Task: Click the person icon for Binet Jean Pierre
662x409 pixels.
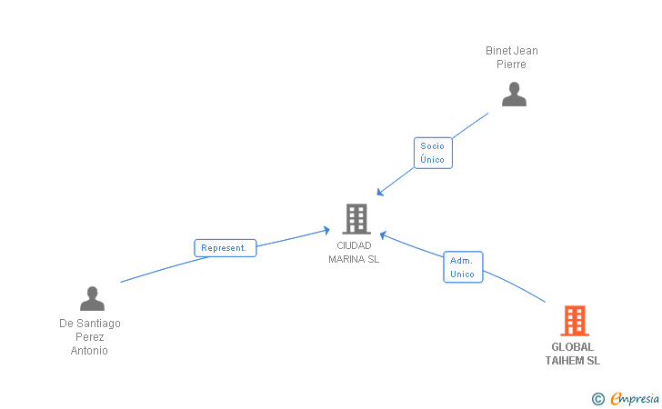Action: coord(514,95)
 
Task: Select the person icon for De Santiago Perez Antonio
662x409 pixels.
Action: coord(92,298)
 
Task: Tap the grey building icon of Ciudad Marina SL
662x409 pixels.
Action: coord(356,218)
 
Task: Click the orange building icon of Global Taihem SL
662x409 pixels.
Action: coord(574,320)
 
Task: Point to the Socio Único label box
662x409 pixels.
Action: coord(433,153)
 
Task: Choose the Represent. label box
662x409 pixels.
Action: coord(226,247)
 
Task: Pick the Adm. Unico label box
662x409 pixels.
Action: coord(463,267)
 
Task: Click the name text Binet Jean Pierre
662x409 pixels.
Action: coord(512,57)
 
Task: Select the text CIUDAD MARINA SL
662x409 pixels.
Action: coord(355,252)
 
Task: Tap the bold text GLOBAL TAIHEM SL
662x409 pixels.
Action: coord(573,354)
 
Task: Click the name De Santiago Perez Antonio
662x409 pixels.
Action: coord(90,336)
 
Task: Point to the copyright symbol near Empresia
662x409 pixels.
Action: coord(597,398)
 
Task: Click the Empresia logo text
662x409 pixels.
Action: coord(635,398)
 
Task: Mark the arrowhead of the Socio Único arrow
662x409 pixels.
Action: coord(380,193)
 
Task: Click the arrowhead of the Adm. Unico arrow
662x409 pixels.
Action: coord(382,234)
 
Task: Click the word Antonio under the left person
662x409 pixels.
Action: coord(90,351)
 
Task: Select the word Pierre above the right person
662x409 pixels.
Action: coord(512,65)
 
